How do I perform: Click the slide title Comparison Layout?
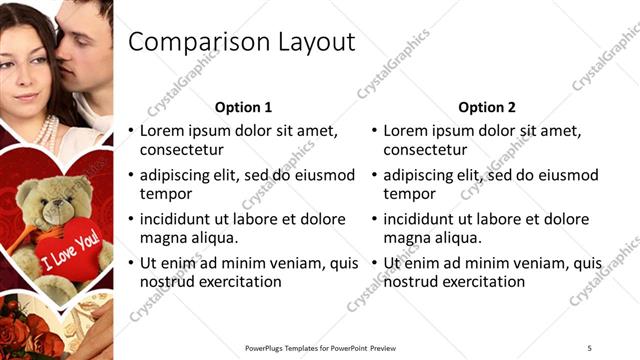242,42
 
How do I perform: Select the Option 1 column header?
243,107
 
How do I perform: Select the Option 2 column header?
487,107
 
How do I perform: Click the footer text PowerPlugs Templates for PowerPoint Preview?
320,347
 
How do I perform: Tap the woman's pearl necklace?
46,131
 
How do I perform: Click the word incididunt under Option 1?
180,219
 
